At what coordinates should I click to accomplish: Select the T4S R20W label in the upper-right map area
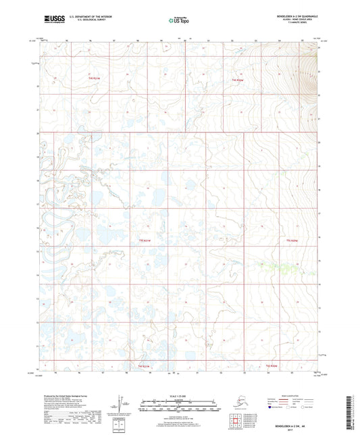coord(238,80)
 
